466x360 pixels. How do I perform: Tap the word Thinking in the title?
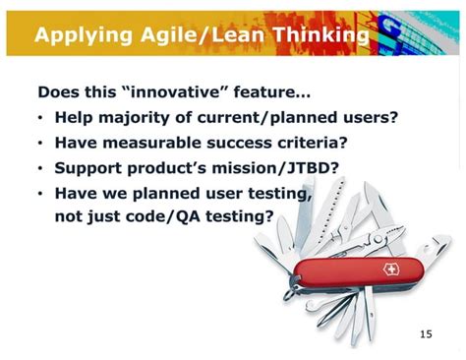[320, 36]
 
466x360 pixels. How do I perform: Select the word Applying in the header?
[82, 36]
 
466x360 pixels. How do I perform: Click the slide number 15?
[425, 334]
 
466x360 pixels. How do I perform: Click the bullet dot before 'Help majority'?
[40, 119]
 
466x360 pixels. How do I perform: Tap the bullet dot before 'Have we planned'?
[40, 194]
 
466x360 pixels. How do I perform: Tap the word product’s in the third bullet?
[174, 168]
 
